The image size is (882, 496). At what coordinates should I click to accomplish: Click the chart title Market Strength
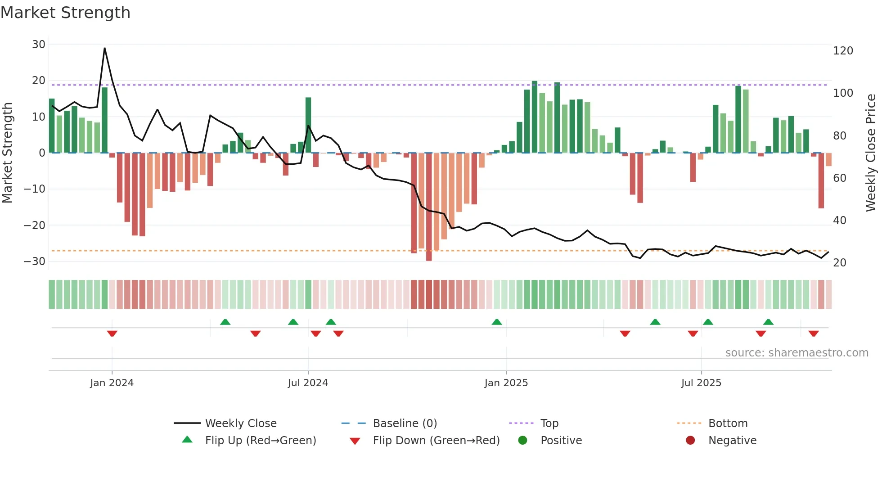(65, 13)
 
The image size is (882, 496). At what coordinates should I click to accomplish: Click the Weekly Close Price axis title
(871, 153)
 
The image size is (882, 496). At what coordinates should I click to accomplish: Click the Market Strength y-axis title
(7, 153)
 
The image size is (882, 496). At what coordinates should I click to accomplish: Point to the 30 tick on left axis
(39, 45)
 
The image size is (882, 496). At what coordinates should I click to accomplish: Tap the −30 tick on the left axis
(35, 262)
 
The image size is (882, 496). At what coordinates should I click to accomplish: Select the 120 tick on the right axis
(843, 51)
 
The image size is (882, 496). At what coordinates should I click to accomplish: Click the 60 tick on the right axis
(840, 178)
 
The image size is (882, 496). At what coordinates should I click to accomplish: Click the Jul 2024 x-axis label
(308, 383)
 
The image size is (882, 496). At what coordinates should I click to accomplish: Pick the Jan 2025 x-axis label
(506, 383)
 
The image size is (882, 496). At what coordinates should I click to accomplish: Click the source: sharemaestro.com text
(796, 353)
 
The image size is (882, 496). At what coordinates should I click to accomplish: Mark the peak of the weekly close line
(105, 48)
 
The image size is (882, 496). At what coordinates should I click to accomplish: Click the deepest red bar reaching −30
(429, 207)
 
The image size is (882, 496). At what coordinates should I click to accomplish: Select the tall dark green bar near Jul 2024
(308, 125)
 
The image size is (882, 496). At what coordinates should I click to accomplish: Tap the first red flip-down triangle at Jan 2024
(112, 334)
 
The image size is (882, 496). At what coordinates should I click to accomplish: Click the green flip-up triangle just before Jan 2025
(497, 322)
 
